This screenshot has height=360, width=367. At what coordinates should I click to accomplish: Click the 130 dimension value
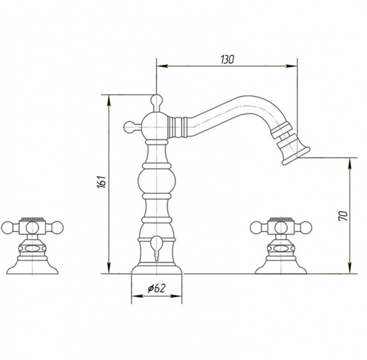coord(227,59)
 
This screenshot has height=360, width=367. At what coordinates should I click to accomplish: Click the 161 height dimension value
coord(102,181)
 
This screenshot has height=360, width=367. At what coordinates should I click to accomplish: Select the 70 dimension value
coord(343,216)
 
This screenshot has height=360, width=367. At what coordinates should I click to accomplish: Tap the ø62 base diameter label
coord(157,288)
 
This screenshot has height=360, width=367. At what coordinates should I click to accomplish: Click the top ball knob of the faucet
coord(157,100)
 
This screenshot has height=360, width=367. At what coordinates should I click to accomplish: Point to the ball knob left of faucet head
coord(130,127)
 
